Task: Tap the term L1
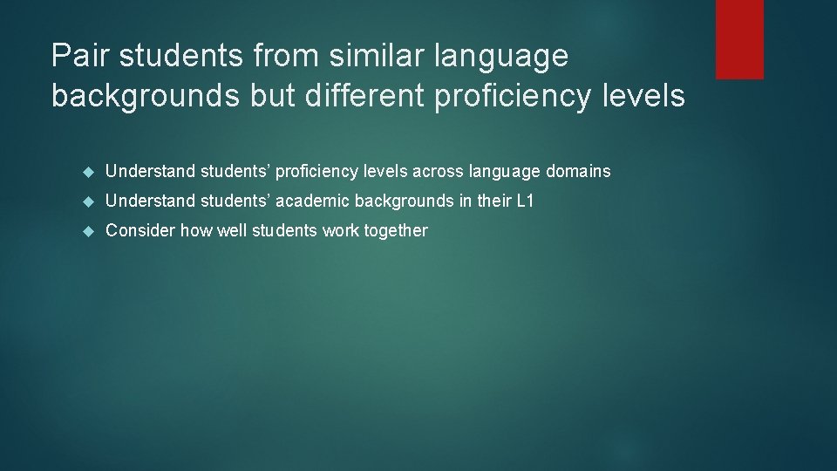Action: (x=525, y=201)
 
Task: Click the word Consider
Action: (x=139, y=230)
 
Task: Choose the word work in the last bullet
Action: (x=338, y=230)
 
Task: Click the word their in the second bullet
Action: (x=491, y=201)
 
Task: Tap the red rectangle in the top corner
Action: (x=739, y=39)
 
